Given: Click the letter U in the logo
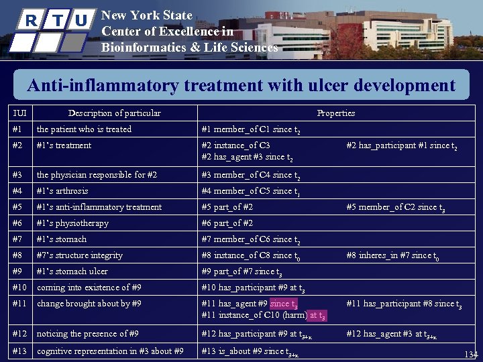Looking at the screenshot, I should click(80, 21).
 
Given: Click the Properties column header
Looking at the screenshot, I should click(335, 113).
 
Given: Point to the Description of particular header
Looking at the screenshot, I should click(114, 113).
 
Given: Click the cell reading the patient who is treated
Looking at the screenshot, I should click(84, 129).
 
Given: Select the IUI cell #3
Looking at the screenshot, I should click(18, 175).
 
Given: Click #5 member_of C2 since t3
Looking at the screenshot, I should click(395, 208).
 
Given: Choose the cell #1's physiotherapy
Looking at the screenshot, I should click(72, 223).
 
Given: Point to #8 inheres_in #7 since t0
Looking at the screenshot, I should click(393, 255).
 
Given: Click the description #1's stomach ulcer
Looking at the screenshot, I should click(72, 271).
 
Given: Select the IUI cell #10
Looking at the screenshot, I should click(20, 288).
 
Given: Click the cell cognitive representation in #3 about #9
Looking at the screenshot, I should click(110, 351).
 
